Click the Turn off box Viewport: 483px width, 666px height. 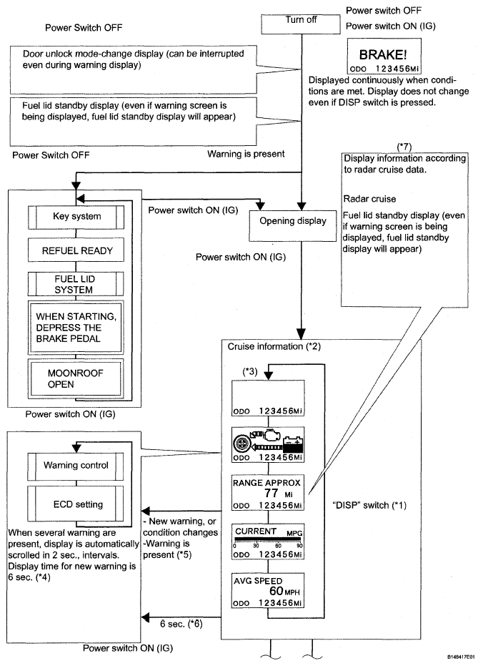(x=301, y=24)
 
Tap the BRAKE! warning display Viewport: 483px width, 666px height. (x=384, y=57)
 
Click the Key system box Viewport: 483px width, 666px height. (x=76, y=217)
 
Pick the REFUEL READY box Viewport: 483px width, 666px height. (x=76, y=250)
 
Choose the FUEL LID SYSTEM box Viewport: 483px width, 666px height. (x=76, y=284)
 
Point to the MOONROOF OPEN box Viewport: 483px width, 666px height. (x=76, y=379)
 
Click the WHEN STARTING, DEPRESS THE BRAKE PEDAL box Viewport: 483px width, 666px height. (x=76, y=328)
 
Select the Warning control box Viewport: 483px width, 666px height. (x=76, y=466)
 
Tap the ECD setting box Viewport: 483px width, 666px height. (x=76, y=504)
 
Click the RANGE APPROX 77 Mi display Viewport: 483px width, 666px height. (x=268, y=493)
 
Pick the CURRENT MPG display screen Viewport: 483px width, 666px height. (x=268, y=542)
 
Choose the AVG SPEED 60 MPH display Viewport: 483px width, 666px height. (x=268, y=591)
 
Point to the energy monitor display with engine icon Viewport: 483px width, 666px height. (x=268, y=444)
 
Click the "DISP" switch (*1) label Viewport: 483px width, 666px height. (x=369, y=505)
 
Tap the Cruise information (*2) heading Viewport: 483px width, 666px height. (x=274, y=346)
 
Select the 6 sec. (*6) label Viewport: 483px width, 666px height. (x=181, y=624)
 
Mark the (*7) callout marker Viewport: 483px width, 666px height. (x=404, y=147)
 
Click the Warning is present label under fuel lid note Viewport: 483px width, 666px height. (x=246, y=154)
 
